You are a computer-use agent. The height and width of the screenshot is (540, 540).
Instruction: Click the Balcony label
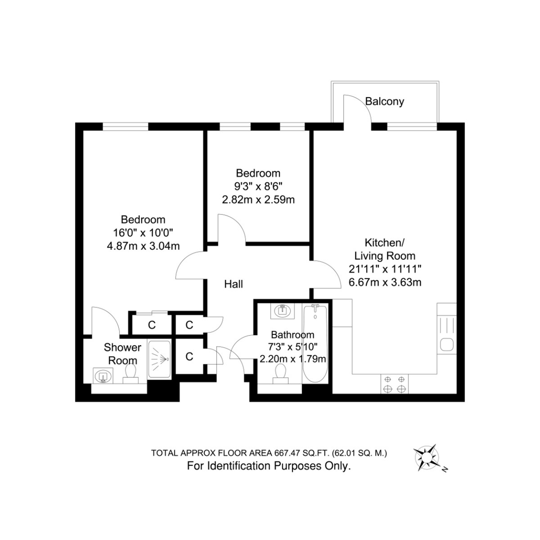385,101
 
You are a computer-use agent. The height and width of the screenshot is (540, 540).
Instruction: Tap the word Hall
233,284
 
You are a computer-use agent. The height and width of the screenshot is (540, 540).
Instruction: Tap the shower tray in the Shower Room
159,359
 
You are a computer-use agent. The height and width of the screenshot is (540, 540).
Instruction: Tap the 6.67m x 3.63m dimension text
385,282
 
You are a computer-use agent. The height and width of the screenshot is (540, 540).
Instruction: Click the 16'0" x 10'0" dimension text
143,233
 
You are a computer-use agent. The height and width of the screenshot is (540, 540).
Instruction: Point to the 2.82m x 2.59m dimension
258,200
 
